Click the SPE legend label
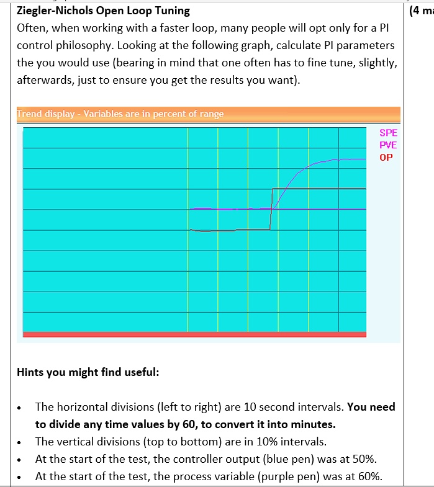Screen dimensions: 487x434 tap(388, 133)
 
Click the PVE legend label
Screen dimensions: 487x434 tap(388, 145)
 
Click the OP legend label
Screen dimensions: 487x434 tap(386, 157)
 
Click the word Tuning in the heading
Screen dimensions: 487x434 tap(173, 11)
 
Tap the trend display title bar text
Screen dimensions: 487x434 tap(120, 114)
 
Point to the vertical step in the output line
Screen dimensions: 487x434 tap(271, 208)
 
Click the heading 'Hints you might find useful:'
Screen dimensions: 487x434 tap(88, 372)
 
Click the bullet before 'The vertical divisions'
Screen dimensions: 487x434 tap(23, 442)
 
